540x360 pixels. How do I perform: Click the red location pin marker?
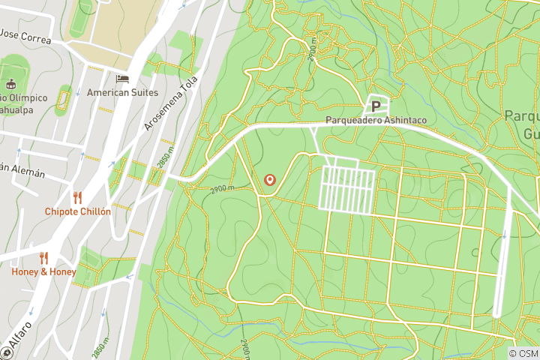click(270, 181)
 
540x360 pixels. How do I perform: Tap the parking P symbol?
click(376, 106)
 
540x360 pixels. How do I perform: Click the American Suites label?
click(122, 92)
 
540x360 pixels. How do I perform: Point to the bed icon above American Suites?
click(121, 78)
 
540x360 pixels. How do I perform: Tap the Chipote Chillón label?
click(77, 211)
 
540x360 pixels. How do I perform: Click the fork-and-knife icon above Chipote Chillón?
click(77, 197)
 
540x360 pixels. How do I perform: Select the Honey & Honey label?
click(43, 271)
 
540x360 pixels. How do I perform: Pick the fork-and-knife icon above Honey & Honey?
click(43, 257)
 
